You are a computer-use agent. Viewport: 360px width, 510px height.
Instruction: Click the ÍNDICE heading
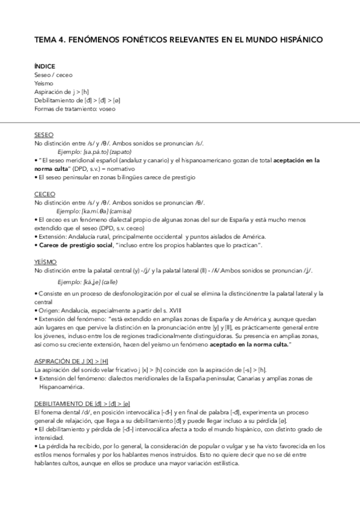coord(45,66)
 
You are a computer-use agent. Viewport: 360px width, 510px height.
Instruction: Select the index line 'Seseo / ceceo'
coord(53,75)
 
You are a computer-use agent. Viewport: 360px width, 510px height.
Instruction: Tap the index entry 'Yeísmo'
coord(44,84)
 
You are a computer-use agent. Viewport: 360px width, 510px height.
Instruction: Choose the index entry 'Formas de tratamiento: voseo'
coord(75,109)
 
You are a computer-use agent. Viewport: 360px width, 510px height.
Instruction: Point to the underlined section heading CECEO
coord(44,194)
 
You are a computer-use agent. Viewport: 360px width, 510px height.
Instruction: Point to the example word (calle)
coord(109,281)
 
